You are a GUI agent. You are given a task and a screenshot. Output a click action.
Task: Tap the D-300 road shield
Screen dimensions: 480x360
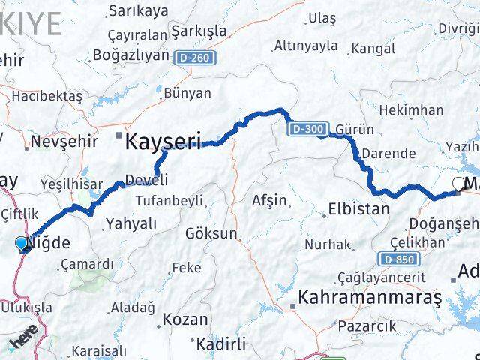307,130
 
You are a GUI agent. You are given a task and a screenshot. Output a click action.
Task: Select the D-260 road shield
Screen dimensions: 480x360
193,56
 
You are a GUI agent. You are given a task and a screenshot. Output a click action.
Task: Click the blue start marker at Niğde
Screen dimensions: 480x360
22,243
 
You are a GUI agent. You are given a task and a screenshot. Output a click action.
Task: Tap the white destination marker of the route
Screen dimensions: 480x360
458,184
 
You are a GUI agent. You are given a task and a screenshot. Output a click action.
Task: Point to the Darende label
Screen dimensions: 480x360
388,154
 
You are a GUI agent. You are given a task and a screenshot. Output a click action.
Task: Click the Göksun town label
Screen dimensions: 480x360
214,234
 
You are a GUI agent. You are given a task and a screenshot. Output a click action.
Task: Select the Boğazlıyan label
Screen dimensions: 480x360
130,55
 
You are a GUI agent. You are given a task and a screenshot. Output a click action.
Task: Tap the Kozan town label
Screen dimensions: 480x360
185,319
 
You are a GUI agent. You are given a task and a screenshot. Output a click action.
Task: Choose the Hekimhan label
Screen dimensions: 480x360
412,110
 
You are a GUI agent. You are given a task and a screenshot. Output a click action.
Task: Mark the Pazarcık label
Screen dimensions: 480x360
367,325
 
